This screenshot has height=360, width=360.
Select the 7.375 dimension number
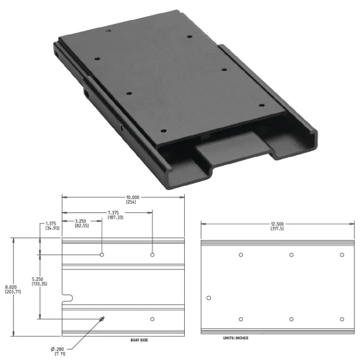pos(116,212)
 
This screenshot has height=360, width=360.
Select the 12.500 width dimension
pos(276,224)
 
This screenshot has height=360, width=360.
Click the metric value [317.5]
pos(276,229)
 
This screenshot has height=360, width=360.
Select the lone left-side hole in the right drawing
pos(209,298)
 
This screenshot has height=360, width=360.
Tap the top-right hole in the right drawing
pos(342,255)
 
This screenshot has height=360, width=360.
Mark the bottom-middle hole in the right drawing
pos(292,319)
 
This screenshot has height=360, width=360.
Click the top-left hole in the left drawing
pos(102,255)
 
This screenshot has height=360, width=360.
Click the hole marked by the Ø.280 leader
pos(102,319)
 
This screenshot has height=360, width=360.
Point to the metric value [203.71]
pos(13,292)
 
